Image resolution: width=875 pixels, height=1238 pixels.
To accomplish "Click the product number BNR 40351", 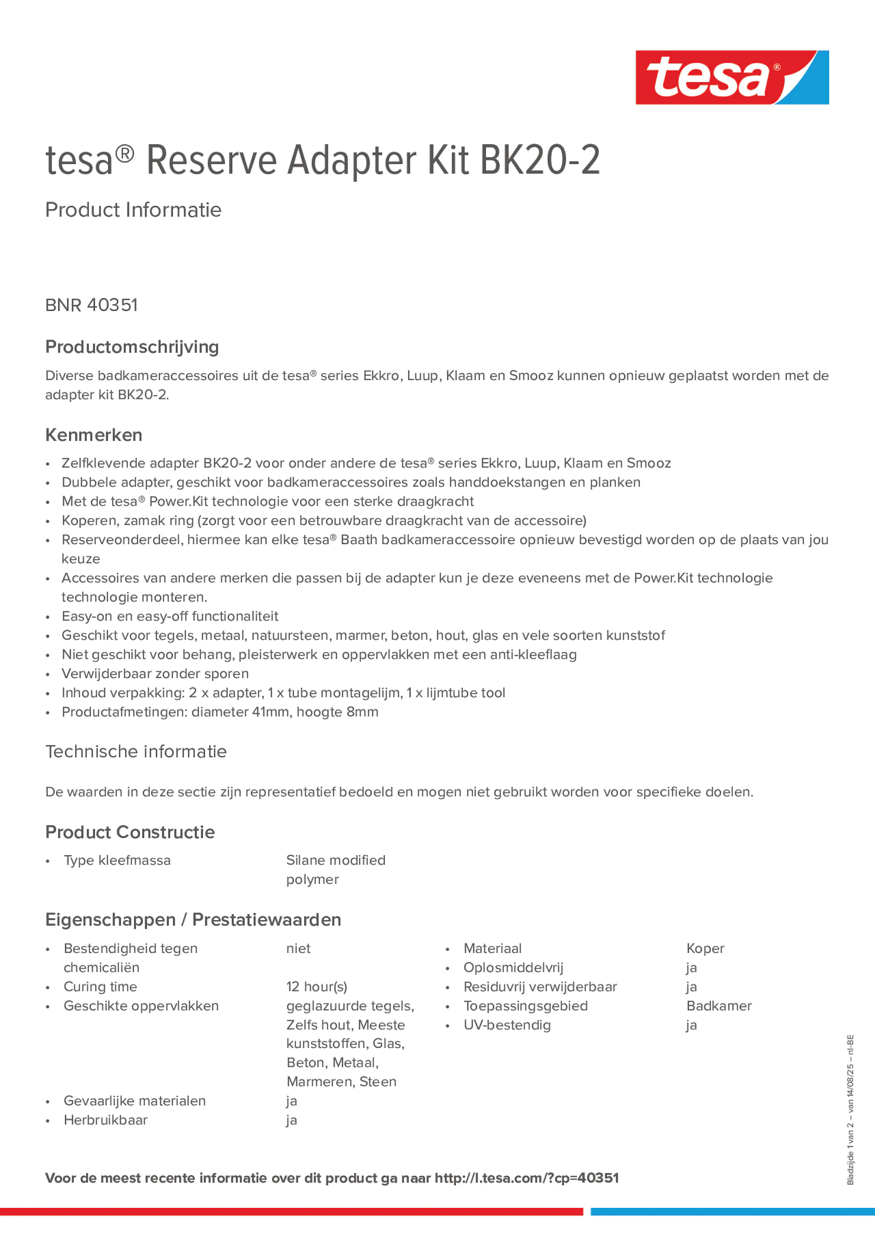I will [x=92, y=305].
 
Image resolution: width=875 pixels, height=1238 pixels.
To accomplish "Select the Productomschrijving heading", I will [x=132, y=347].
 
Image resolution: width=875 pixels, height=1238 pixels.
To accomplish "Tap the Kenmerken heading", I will [x=94, y=435].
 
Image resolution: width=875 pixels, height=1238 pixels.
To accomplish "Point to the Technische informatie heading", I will [x=136, y=751].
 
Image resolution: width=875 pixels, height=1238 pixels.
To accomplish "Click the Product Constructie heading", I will [x=130, y=832].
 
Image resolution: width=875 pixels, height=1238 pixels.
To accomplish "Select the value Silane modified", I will [x=336, y=860].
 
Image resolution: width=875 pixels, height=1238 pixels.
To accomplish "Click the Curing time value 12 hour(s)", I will [x=317, y=986].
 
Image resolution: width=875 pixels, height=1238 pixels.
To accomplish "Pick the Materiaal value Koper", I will [x=705, y=948].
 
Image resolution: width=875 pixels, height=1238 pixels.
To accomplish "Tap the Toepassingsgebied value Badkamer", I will [x=719, y=1006].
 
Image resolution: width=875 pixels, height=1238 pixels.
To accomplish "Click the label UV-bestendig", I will [x=507, y=1024].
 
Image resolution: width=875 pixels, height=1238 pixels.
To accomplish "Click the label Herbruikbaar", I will [x=105, y=1120].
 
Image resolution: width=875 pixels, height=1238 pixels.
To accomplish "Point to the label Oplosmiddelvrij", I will [x=513, y=967].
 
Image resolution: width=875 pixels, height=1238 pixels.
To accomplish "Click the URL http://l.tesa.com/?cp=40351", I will [x=526, y=1178].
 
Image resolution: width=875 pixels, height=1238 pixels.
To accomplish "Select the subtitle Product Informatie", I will [x=133, y=210].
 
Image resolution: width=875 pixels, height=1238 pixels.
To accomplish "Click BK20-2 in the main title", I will [x=539, y=160].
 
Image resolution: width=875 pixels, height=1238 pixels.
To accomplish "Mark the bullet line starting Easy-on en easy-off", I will [x=170, y=616].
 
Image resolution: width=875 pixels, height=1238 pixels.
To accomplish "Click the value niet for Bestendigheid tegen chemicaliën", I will [x=298, y=948].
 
